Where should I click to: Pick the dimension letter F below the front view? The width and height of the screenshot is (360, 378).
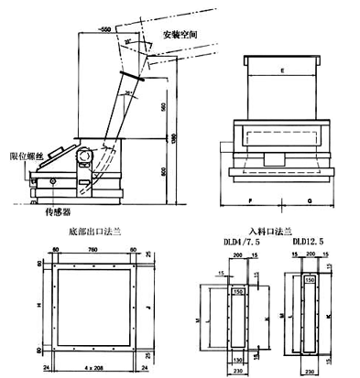249,198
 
